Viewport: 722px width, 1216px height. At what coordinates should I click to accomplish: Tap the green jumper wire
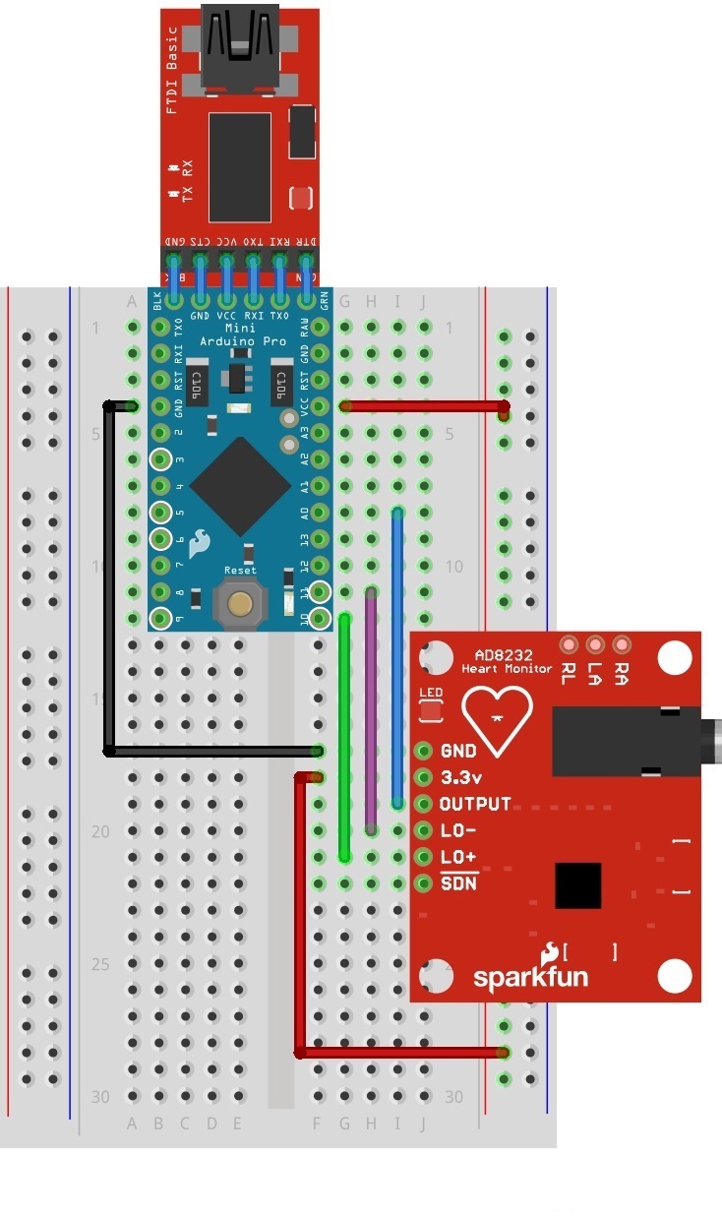pos(344,738)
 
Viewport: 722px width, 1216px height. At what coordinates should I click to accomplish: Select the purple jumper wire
pos(371,708)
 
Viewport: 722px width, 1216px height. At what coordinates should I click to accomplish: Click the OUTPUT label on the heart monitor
pos(475,804)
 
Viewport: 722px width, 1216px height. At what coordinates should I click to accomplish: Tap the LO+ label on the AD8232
pos(458,857)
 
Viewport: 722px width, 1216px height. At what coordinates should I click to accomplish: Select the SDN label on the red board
pos(458,882)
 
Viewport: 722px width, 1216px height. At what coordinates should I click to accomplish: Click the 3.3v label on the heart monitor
pos(459,777)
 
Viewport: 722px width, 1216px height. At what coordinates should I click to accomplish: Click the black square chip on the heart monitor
pos(577,885)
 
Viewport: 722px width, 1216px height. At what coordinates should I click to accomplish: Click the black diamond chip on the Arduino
pos(241,487)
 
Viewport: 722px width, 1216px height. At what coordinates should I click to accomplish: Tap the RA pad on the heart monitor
pos(621,644)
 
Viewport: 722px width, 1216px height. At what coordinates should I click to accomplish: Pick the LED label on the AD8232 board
pos(431,694)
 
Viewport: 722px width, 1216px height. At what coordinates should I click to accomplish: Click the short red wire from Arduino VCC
pos(423,405)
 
